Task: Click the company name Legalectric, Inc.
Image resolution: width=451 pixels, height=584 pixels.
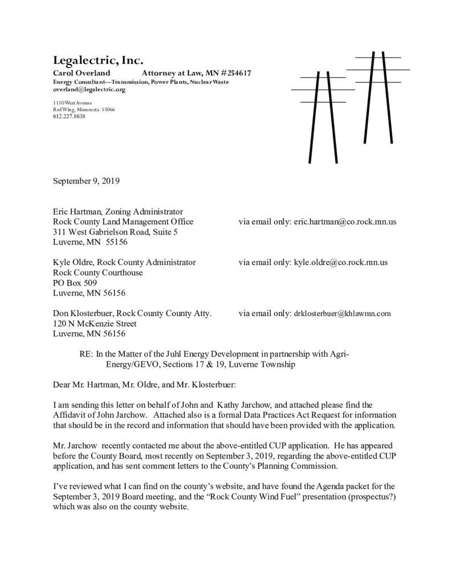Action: (98, 60)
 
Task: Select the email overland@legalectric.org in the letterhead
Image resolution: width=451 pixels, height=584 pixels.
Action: (89, 90)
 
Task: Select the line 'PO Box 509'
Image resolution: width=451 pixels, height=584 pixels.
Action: (75, 283)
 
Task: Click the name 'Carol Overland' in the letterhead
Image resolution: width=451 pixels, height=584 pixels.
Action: (82, 74)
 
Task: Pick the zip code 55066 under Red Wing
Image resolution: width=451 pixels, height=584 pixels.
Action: (107, 109)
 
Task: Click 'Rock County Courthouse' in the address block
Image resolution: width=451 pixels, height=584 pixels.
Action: (97, 273)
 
